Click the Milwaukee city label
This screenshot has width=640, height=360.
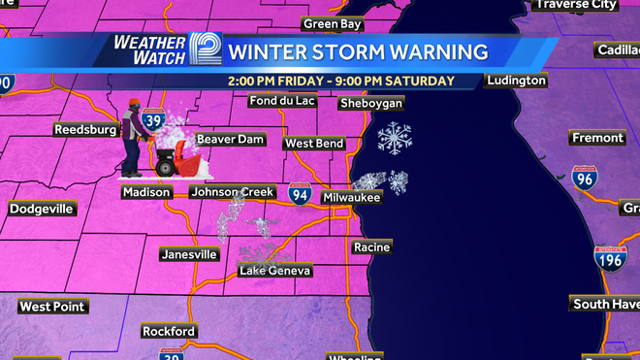click(x=352, y=197)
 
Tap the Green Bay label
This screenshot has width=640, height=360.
click(x=334, y=23)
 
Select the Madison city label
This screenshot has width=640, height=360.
click(x=146, y=192)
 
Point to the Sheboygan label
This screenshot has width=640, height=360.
click(x=371, y=103)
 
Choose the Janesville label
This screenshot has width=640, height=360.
click(x=189, y=254)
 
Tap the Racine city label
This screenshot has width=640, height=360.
click(x=371, y=247)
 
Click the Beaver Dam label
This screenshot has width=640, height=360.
click(x=231, y=140)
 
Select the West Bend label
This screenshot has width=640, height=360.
click(x=314, y=144)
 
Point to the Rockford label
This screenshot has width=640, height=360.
click(x=169, y=331)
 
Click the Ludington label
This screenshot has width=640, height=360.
click(x=515, y=81)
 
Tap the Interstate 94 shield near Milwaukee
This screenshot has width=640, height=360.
click(x=300, y=193)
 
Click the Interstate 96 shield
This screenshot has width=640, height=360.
click(x=584, y=177)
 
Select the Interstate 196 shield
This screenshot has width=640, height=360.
click(x=608, y=257)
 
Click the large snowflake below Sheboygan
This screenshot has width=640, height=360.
click(x=394, y=137)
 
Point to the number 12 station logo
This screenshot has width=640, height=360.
click(x=205, y=49)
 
